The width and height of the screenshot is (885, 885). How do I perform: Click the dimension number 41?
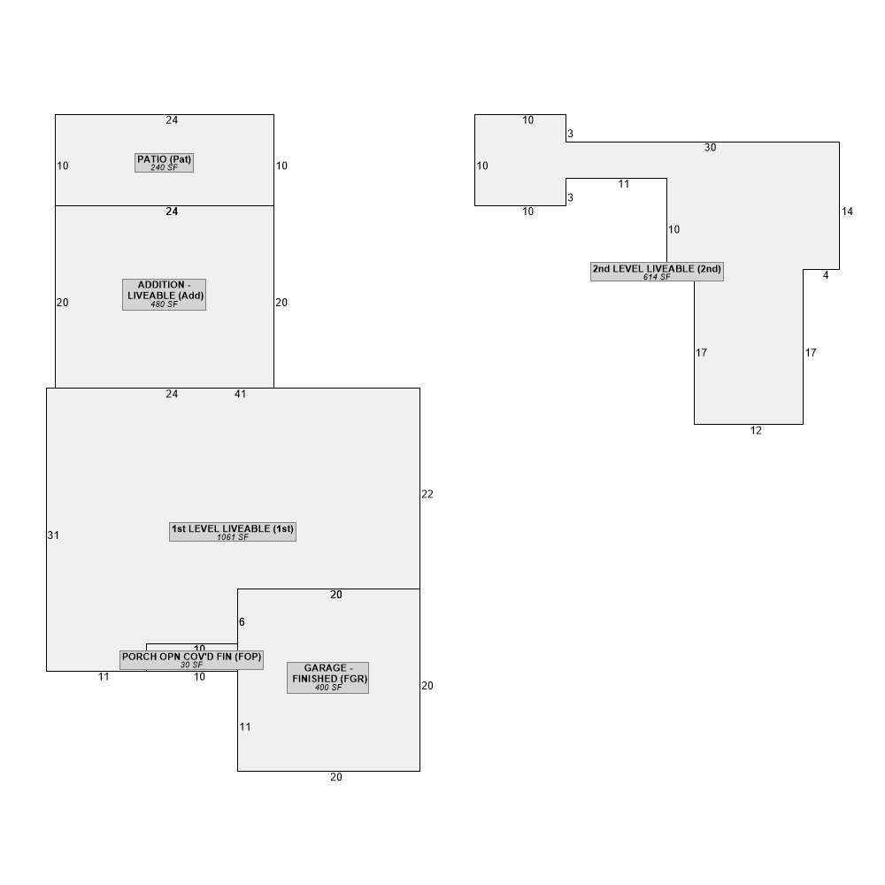tap(241, 394)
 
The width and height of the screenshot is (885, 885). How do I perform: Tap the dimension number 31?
tap(53, 535)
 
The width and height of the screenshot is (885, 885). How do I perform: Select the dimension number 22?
tap(427, 494)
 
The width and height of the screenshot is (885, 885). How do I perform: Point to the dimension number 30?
tap(710, 147)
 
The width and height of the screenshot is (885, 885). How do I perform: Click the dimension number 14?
tap(847, 212)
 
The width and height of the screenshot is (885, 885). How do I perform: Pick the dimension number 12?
tap(756, 431)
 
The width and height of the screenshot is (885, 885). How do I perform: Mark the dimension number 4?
tap(826, 275)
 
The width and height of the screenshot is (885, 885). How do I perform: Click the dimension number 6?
tap(242, 622)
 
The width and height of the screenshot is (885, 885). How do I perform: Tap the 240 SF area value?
tap(165, 167)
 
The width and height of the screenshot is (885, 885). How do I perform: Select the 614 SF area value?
tap(657, 276)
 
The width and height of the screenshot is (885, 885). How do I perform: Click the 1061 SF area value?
tap(233, 537)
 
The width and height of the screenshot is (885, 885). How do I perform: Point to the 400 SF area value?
tap(328, 687)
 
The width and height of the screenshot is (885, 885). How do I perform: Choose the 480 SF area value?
tap(165, 304)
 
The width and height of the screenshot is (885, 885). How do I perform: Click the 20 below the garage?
tap(335, 777)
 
